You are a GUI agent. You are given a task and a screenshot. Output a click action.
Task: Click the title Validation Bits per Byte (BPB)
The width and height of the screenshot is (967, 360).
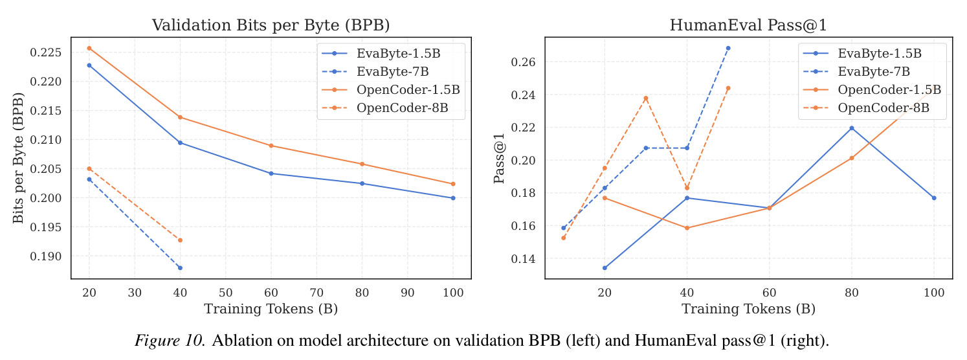271,25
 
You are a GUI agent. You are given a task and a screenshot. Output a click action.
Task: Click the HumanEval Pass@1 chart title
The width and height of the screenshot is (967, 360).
748,25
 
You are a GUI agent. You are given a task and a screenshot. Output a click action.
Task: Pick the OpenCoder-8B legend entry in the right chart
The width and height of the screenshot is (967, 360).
866,108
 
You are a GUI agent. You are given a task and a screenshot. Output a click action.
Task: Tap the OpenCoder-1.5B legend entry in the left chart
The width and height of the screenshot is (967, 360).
391,90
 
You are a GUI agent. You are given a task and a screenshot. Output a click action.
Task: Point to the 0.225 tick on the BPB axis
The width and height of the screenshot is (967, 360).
46,52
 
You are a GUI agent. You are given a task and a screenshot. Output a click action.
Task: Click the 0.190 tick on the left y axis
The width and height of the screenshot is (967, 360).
46,256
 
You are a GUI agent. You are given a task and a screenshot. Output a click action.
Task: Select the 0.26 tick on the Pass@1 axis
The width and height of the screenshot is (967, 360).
523,62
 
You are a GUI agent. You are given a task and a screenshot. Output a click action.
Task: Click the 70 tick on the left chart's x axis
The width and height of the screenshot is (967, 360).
317,293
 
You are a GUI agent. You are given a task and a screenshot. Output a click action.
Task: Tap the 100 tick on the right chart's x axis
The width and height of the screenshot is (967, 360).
934,293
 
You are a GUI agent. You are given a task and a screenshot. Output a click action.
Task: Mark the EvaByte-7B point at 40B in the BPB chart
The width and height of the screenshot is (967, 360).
180,267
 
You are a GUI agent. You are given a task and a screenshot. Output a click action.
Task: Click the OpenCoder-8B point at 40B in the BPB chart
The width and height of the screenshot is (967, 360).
180,240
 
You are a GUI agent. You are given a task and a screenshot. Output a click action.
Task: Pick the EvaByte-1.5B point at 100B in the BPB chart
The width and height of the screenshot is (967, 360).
453,198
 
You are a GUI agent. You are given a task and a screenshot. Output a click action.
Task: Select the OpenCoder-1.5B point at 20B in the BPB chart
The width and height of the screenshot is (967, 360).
89,49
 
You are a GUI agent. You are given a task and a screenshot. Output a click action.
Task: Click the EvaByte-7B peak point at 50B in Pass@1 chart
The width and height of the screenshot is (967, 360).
728,49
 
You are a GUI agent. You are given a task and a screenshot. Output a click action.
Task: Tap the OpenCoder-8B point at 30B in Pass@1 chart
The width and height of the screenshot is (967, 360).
646,98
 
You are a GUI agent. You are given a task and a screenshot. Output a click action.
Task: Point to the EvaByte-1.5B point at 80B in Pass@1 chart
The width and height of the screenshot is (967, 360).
851,128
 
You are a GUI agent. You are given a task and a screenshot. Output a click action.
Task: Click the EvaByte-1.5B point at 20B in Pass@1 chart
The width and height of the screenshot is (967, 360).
605,267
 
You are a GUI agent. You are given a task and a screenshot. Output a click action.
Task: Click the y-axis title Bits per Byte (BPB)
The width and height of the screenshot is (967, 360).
17,158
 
